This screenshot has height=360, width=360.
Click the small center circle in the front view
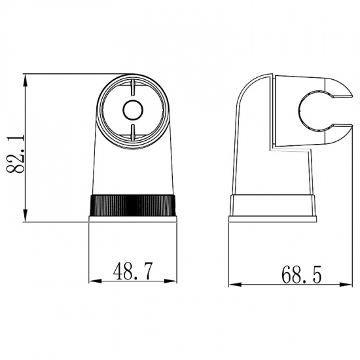133,110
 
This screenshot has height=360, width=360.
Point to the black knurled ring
133,206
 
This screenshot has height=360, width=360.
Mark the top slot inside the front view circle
133,88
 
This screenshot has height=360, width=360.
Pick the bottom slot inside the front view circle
133,131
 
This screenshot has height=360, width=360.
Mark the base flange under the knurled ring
133,220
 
